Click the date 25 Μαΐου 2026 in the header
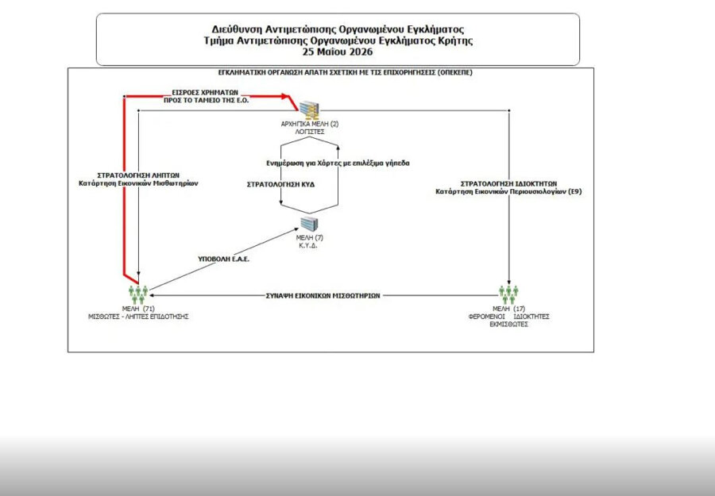tap(338, 52)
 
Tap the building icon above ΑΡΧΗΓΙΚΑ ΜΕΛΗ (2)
tap(310, 110)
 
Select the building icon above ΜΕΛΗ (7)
tap(309, 224)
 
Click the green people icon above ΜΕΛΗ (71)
tap(138, 294)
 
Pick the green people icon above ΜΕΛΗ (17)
tap(509, 294)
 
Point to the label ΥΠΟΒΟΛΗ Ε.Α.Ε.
tap(223, 259)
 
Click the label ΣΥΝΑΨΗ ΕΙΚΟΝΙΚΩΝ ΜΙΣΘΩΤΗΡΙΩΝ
tap(323, 295)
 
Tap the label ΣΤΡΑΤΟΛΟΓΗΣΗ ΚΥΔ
tap(280, 184)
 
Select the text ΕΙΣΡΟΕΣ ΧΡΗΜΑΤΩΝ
tap(205, 93)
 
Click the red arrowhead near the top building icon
tap(285, 96)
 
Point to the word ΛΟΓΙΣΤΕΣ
tap(310, 132)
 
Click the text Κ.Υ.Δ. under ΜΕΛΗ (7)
tap(308, 245)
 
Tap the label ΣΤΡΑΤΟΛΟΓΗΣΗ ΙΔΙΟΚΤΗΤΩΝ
tap(509, 183)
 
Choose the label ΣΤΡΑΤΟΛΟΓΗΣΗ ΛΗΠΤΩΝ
tap(138, 175)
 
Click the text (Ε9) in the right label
tap(574, 192)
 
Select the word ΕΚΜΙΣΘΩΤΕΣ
tap(509, 325)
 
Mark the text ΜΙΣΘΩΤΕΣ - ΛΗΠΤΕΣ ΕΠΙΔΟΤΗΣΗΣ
tap(138, 317)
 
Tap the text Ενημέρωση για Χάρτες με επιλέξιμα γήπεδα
tap(338, 163)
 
